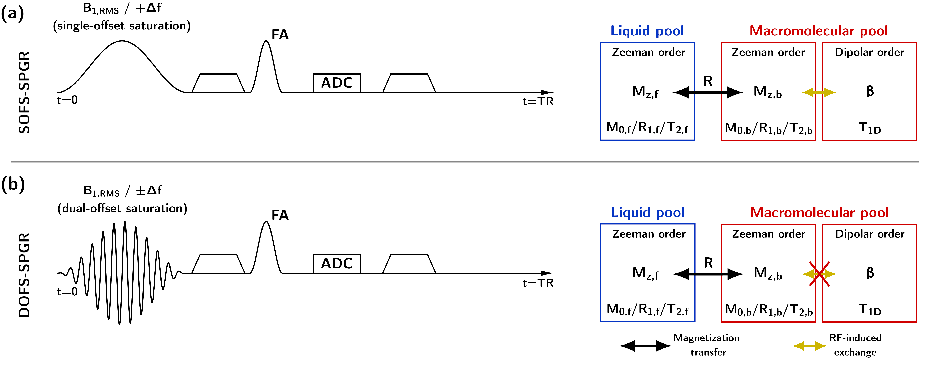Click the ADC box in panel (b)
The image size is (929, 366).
tap(337, 263)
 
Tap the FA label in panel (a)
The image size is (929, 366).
tap(280, 35)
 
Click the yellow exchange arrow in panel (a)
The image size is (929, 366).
tap(819, 92)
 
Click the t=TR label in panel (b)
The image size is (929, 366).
tap(538, 283)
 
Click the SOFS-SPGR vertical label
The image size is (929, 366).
tap(24, 92)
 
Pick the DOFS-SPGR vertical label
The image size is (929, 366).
tap(24, 275)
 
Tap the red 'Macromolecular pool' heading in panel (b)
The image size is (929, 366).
tap(819, 213)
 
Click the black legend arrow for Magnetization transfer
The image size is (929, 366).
tap(645, 346)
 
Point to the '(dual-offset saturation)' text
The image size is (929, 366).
tap(122, 209)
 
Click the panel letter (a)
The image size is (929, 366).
tap(13, 14)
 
